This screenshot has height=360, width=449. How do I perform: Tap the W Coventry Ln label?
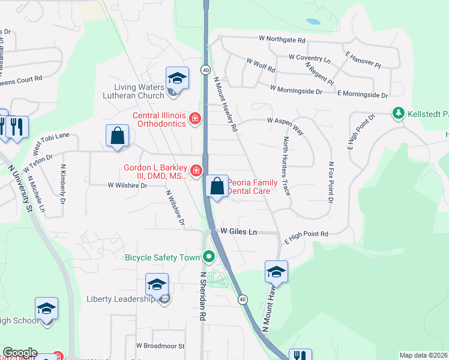pyautogui.click(x=309, y=59)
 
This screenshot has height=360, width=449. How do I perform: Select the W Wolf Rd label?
pyautogui.click(x=261, y=64)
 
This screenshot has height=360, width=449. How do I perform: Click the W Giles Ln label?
pyautogui.click(x=238, y=231)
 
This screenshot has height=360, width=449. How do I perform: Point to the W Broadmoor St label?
pyautogui.click(x=160, y=346)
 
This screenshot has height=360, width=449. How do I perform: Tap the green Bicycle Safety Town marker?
pyautogui.click(x=209, y=257)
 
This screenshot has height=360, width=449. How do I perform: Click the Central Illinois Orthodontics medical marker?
pyautogui.click(x=194, y=119)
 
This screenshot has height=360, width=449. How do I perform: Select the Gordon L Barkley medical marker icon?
pyautogui.click(x=196, y=172)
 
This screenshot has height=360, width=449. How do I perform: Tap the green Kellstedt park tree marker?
pyautogui.click(x=397, y=113)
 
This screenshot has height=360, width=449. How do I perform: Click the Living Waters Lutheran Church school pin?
pyautogui.click(x=177, y=79)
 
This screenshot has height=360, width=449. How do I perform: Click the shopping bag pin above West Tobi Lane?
pyautogui.click(x=117, y=136)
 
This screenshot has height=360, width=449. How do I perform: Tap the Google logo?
pyautogui.click(x=19, y=353)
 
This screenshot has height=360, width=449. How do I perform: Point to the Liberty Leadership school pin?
pyautogui.click(x=157, y=285)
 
